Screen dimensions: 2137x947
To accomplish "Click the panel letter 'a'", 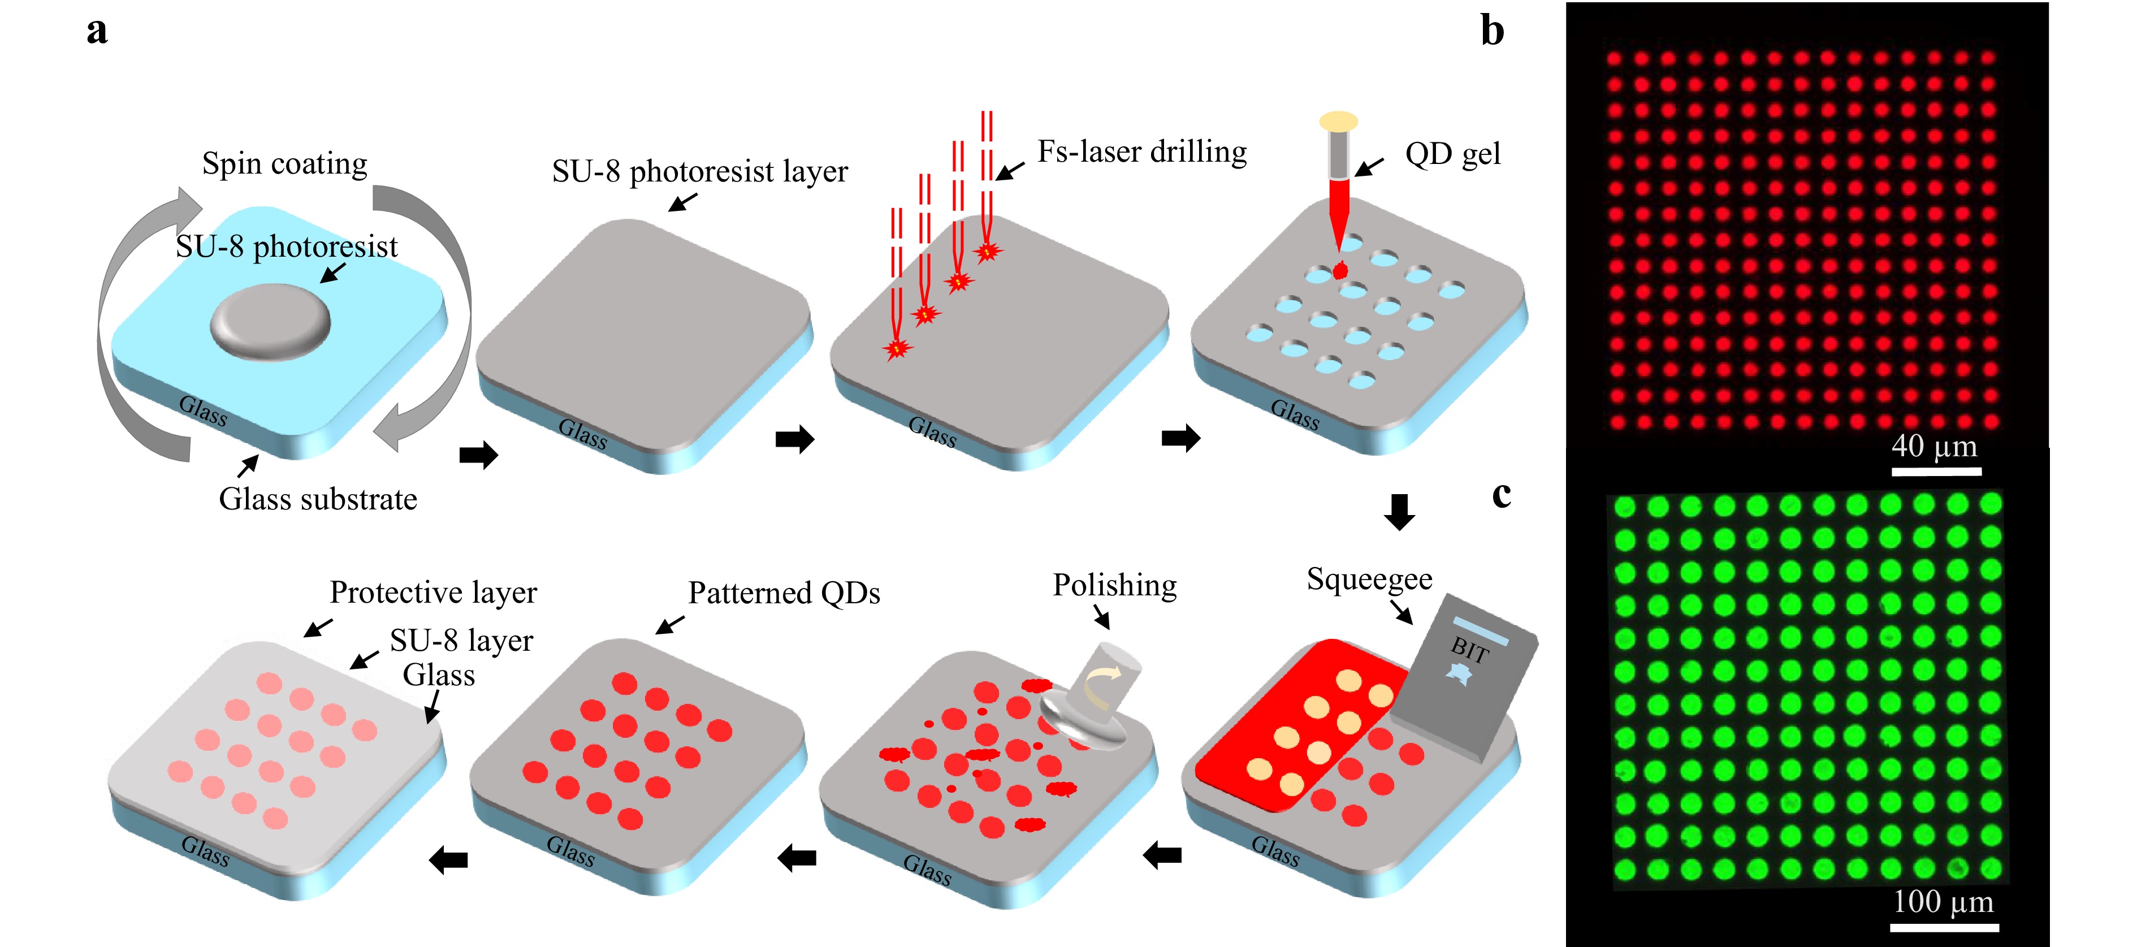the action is (97, 32).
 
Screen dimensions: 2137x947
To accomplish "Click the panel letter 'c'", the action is (1502, 495).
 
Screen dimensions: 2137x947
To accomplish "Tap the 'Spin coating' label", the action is (284, 163).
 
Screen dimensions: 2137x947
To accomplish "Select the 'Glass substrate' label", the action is (318, 499).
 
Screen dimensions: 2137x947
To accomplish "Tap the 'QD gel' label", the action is (1452, 154).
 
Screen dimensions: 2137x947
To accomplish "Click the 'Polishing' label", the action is (1115, 585).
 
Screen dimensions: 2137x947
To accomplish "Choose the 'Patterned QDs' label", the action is (784, 593).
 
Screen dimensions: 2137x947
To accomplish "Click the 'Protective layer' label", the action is (433, 593).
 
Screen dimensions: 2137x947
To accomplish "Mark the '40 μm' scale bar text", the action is (1933, 447).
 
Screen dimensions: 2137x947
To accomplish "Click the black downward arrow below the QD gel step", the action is (1399, 511).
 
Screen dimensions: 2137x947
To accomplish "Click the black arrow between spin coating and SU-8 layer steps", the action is (479, 454).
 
